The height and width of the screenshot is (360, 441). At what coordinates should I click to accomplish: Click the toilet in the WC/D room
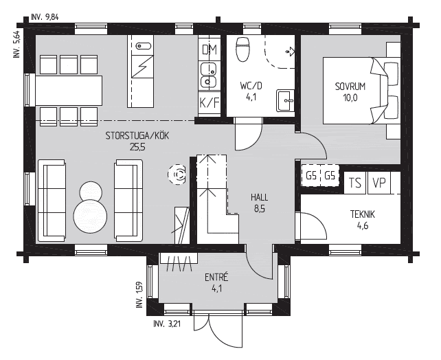[242, 49]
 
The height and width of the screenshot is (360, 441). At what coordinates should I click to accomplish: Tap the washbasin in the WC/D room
[286, 100]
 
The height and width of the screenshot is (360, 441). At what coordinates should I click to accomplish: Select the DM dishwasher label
[210, 49]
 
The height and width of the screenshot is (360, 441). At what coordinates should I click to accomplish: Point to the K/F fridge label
[210, 103]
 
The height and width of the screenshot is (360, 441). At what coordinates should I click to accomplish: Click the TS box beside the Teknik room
[355, 183]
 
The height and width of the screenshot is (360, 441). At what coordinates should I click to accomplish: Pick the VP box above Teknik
[379, 183]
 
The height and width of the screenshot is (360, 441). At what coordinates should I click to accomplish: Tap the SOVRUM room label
[350, 87]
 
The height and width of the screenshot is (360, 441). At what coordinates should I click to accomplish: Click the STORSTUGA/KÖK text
[137, 136]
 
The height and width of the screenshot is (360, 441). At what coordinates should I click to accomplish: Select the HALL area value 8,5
[260, 209]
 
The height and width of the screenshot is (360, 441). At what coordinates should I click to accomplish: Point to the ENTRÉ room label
[216, 278]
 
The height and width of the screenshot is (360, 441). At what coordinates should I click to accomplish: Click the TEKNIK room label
[363, 214]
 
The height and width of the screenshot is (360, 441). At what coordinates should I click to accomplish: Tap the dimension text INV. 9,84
[45, 17]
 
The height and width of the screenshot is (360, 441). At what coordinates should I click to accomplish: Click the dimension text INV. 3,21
[167, 324]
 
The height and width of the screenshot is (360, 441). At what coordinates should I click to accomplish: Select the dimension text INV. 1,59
[139, 295]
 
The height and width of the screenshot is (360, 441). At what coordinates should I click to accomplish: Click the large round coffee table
[90, 216]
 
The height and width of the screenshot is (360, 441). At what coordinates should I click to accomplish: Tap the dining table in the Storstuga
[69, 91]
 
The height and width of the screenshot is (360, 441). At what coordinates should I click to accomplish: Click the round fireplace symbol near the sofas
[177, 175]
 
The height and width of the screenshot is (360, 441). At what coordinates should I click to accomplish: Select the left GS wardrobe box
[310, 176]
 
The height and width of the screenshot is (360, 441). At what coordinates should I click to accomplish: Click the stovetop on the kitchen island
[143, 67]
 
